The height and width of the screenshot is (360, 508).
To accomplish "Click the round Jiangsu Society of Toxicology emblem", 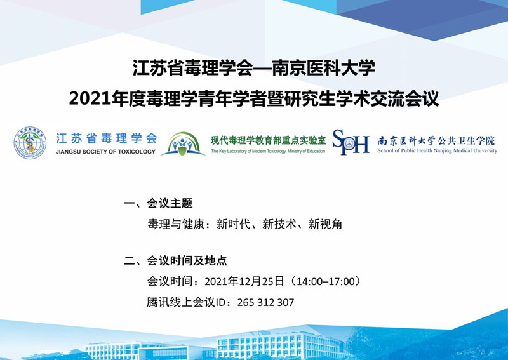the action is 30,143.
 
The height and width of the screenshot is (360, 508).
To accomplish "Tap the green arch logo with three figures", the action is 183,143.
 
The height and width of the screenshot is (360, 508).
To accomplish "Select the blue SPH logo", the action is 351,142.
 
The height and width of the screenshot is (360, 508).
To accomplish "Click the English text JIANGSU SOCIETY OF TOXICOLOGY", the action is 105,152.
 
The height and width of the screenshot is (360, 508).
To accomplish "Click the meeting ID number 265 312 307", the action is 265,302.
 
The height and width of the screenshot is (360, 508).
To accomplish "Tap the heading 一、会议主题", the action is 158,203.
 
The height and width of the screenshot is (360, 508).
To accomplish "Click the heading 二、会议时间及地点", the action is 176,260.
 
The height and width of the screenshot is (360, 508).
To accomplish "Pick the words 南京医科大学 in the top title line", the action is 323,68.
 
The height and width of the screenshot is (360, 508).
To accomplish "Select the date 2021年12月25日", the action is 244,281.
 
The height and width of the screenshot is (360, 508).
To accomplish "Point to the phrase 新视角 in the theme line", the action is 325,224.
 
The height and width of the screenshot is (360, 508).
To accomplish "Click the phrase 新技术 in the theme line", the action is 279,224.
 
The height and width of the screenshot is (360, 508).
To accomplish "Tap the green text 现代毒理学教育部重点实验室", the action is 268,140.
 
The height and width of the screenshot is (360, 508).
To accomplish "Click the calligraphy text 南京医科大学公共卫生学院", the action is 436,140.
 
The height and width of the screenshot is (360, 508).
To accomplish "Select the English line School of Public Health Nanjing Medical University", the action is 437,150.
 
